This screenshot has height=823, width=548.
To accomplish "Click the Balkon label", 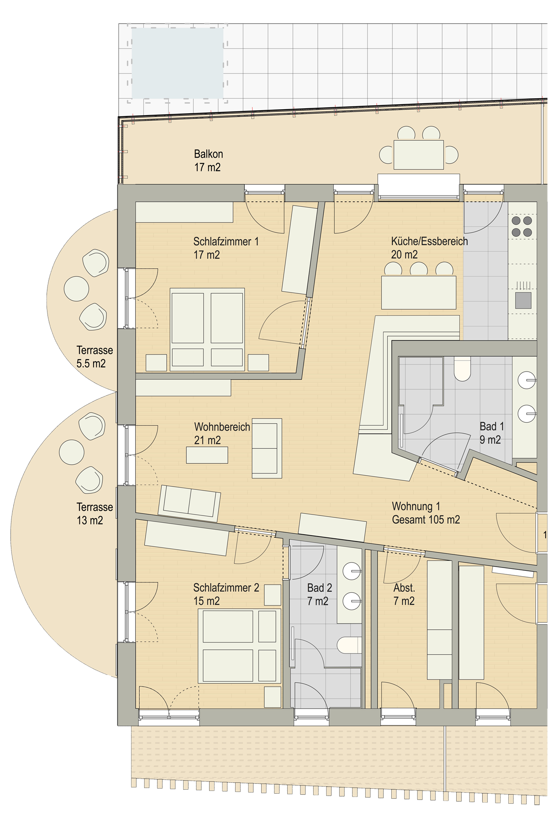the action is pos(208,154).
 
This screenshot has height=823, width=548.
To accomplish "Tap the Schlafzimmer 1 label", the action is pos(226,241).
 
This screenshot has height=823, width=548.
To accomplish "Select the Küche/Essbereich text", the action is pos(429,241).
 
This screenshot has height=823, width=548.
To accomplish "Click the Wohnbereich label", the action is pos(222,427).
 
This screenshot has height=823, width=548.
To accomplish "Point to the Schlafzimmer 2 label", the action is pos(226,588).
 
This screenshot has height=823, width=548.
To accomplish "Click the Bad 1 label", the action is pos(491,426).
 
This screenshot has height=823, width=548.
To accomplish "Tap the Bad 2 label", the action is pos(319,588).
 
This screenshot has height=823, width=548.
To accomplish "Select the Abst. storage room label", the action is pos(404,588).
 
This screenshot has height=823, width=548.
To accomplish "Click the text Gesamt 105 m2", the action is pos(426,520).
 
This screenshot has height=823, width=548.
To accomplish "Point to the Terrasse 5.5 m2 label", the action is pos(94,357).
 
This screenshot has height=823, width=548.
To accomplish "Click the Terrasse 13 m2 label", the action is pos(94,514).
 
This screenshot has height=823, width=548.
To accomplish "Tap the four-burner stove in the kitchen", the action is pos(522,227).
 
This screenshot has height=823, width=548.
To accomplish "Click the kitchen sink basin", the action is pos(523,300).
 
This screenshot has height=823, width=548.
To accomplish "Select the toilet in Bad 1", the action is pos(463,368).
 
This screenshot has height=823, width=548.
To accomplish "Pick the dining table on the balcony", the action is pos(418,155).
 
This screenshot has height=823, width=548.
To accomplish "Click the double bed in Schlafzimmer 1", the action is pos(207,329).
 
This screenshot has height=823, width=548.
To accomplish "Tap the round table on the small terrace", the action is pos(76,289).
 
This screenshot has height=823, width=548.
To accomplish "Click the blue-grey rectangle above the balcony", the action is pos(177,63).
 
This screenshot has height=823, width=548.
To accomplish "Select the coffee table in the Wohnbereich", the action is pos(207,455).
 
